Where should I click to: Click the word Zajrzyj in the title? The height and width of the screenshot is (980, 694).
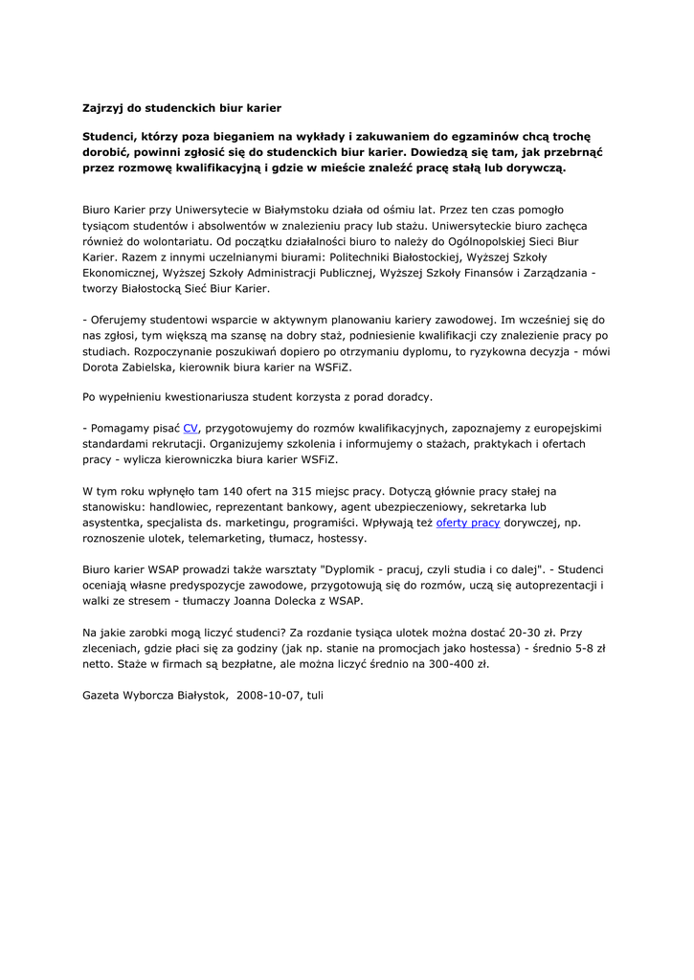tap(102, 108)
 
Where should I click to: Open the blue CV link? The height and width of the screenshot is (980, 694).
tap(190, 428)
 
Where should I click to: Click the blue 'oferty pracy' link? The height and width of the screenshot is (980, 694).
tap(468, 523)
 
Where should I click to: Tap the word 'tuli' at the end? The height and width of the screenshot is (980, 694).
tap(315, 695)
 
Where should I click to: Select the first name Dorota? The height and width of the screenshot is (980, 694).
tap(101, 367)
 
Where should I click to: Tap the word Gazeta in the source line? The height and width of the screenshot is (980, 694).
tap(102, 695)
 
